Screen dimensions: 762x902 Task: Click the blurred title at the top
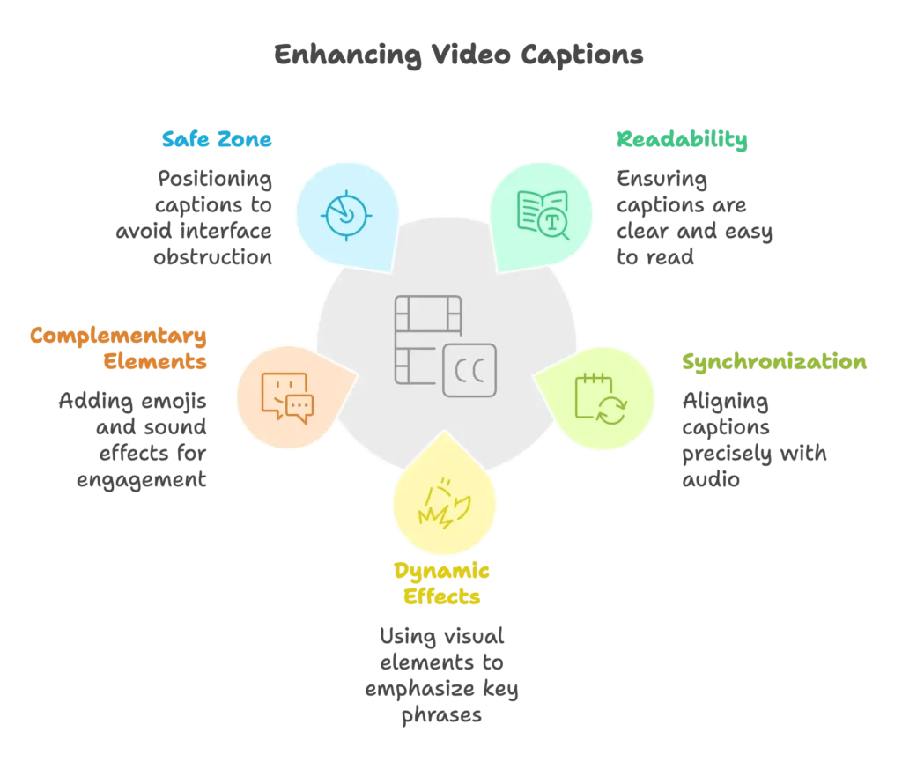click(459, 58)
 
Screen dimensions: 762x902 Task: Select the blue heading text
click(218, 139)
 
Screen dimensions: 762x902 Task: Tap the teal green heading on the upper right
click(681, 140)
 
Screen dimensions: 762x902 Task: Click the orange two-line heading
click(119, 349)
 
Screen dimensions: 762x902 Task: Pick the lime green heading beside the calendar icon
click(773, 363)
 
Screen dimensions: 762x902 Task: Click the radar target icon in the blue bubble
click(347, 214)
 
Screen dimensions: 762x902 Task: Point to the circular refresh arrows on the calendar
click(611, 410)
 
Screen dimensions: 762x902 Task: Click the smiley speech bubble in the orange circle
click(283, 393)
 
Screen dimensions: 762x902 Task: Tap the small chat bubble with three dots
click(299, 408)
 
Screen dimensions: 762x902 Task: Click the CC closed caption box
click(469, 370)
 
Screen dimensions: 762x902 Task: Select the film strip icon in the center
click(428, 339)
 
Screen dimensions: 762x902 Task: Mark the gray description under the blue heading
click(203, 217)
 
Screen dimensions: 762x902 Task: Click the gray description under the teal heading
click(691, 217)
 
